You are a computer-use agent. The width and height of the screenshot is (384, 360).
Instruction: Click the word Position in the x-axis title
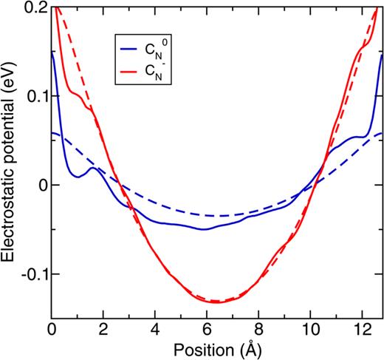tap(205, 347)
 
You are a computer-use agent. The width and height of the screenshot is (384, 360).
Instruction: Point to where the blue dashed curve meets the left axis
tap(52, 133)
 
